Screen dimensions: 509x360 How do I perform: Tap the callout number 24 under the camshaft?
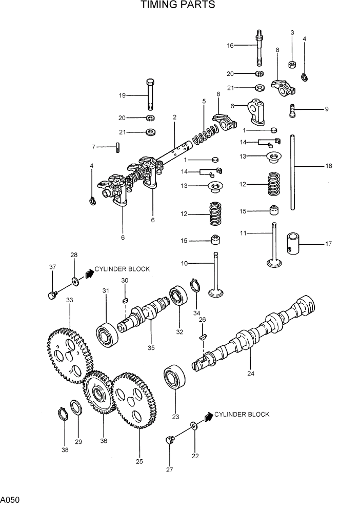coord(251,373)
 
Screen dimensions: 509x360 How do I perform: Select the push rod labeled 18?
coord(292,172)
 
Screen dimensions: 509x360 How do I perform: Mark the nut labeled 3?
coord(292,65)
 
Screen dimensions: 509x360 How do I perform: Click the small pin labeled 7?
coord(117,147)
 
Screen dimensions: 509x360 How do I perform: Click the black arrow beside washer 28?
coord(89,273)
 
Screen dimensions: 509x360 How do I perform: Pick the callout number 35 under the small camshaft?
coord(151,347)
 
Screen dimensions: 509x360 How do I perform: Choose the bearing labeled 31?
coord(107,334)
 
